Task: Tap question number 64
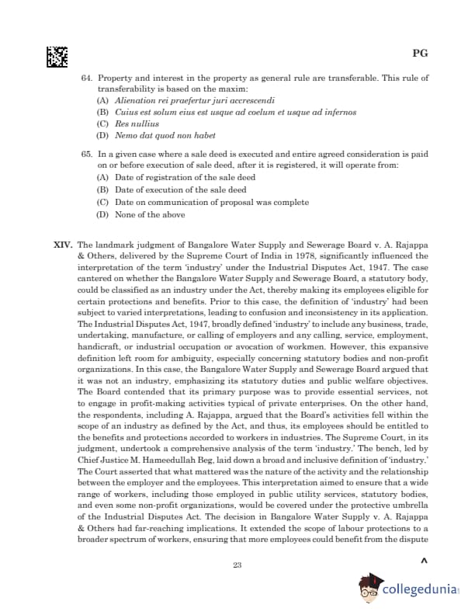coord(87,78)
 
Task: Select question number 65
coord(87,155)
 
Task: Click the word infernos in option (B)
coord(338,112)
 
